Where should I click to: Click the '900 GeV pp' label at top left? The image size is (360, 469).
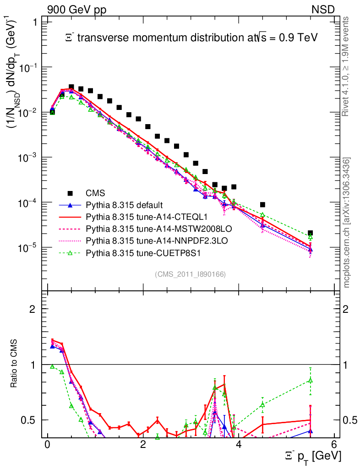click(x=76, y=10)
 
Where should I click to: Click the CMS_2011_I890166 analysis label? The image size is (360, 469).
click(x=191, y=274)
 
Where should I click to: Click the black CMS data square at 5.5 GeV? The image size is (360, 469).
click(x=310, y=233)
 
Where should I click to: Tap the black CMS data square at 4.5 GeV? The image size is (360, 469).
click(x=262, y=205)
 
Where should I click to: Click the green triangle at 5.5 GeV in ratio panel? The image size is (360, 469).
click(x=310, y=380)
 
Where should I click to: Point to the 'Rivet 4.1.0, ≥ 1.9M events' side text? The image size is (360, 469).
click(x=346, y=66)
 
